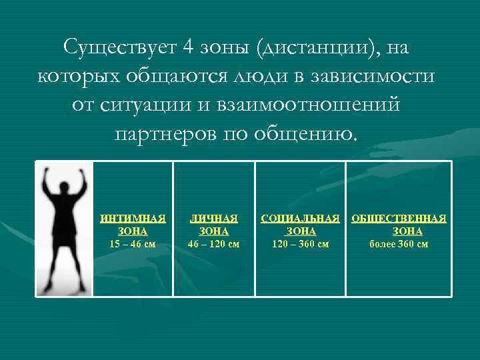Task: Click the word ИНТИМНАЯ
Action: click(x=133, y=218)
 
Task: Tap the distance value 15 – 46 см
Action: click(x=133, y=244)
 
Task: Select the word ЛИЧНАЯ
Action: click(x=214, y=218)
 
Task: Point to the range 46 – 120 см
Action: click(x=214, y=244)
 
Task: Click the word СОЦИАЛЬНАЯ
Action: click(x=300, y=218)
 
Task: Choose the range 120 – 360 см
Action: click(x=300, y=244)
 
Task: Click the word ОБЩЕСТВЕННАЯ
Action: click(x=399, y=218)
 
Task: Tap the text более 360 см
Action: click(x=399, y=244)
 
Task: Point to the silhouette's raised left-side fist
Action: click(x=47, y=173)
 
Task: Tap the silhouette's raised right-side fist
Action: click(x=83, y=173)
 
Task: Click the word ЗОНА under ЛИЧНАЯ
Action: click(x=214, y=231)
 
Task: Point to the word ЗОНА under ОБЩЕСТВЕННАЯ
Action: click(x=407, y=231)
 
